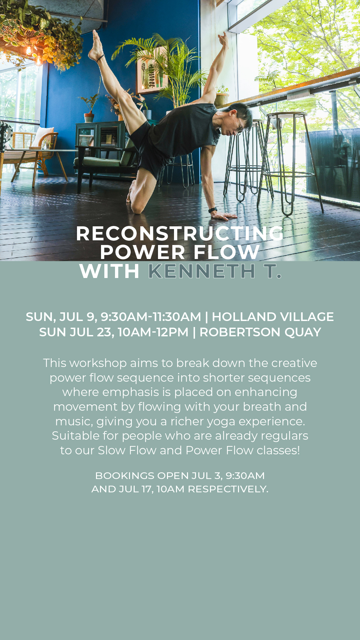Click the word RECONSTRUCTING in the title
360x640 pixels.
tap(180, 233)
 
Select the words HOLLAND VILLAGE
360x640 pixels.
tap(273, 317)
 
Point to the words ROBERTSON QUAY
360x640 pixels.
tap(260, 332)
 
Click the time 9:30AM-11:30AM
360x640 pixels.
tap(151, 317)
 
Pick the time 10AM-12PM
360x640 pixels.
tap(153, 332)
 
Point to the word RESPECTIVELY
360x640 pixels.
tap(228, 489)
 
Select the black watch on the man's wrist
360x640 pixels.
tap(213, 210)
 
